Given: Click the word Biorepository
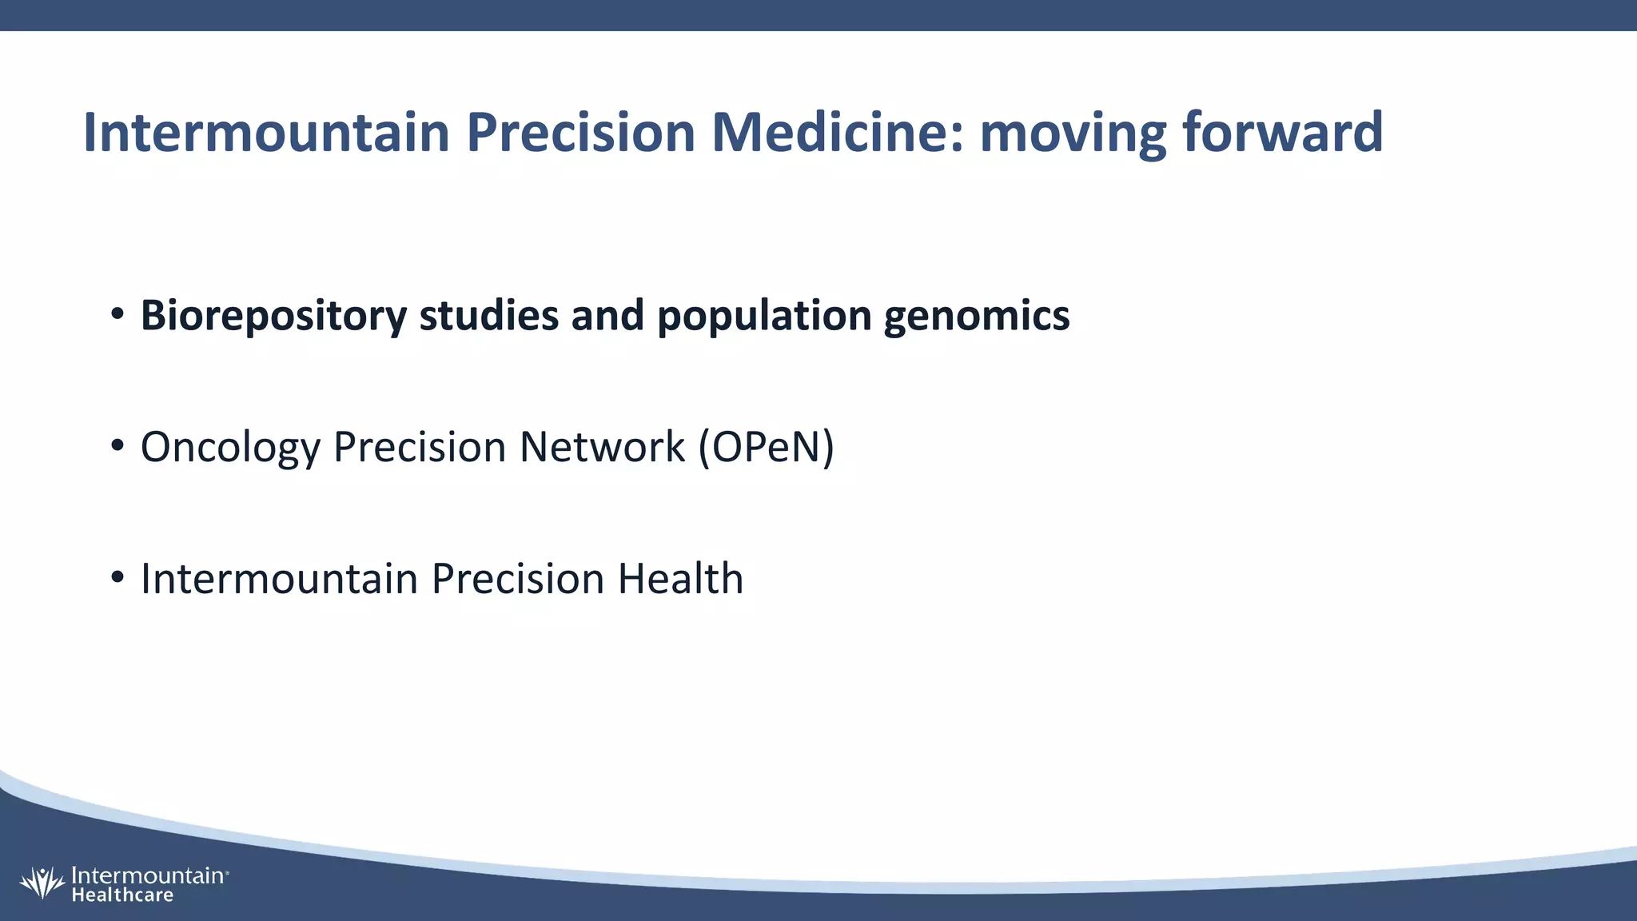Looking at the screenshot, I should coord(273,316).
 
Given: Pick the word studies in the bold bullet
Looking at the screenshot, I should coord(488,315).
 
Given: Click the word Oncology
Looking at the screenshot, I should coord(229,448).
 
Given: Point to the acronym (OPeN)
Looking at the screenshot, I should coord(766,447).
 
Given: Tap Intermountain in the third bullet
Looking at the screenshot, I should coord(279,579).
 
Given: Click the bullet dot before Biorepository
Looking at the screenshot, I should coord(117,315).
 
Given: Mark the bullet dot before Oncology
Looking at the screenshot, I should coord(117,446).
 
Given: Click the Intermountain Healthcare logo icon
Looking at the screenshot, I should coord(42,883).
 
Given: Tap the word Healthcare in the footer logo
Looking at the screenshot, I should coord(122,895).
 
